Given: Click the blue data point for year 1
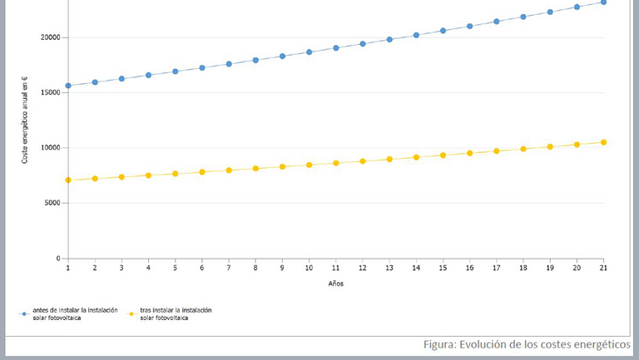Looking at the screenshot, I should pyautogui.click(x=68, y=86).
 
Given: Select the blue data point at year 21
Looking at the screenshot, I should pyautogui.click(x=603, y=2).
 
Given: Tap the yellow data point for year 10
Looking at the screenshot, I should pyautogui.click(x=309, y=165).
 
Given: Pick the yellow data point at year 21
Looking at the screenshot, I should pyautogui.click(x=603, y=142).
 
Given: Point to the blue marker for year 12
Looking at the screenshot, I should pyautogui.click(x=363, y=43).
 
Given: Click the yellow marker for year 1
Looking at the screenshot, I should pyautogui.click(x=68, y=180).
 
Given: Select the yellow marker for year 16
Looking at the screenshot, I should pyautogui.click(x=470, y=153).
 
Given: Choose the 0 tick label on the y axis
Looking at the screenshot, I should pyautogui.click(x=57, y=259).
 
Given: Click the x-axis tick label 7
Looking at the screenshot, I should pyautogui.click(x=229, y=269).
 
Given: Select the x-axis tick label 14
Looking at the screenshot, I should pyautogui.click(x=416, y=269).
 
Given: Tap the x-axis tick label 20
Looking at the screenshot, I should pyautogui.click(x=577, y=269).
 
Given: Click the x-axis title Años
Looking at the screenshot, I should pyautogui.click(x=335, y=284).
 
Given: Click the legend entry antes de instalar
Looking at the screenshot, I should pyautogui.click(x=70, y=313).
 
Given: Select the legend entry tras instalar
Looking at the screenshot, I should pyautogui.click(x=176, y=313).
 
